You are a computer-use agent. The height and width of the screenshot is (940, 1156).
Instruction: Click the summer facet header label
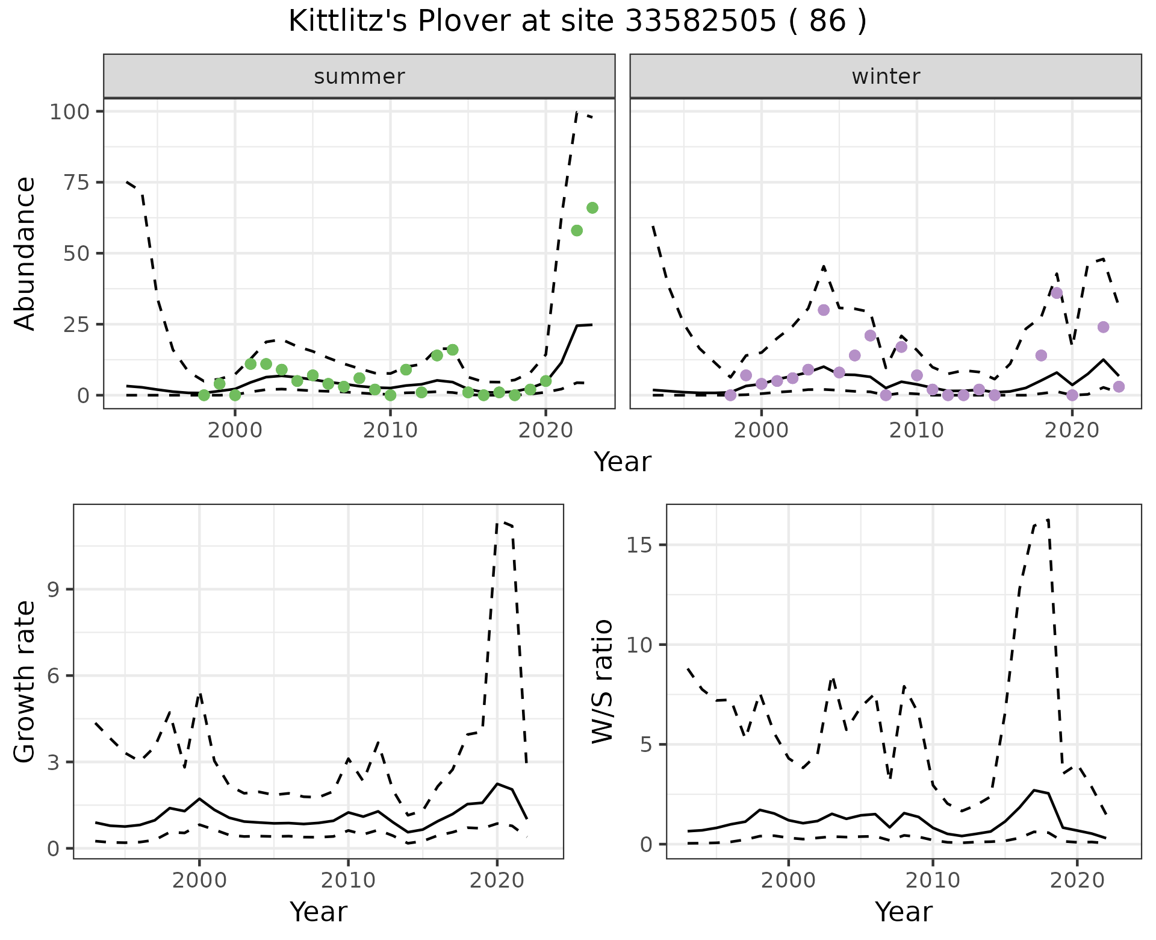pyautogui.click(x=359, y=77)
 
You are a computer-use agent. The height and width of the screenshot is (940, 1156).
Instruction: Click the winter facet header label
pyautogui.click(x=886, y=77)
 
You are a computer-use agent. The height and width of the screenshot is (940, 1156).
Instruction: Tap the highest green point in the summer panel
pyautogui.click(x=592, y=208)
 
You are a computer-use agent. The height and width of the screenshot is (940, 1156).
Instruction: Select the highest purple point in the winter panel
pyautogui.click(x=1057, y=293)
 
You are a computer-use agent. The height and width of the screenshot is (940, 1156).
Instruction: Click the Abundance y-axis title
pyautogui.click(x=25, y=253)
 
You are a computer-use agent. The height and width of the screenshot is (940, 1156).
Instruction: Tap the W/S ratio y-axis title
pyautogui.click(x=602, y=681)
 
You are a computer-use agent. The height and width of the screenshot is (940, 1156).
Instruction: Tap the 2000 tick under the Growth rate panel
pyautogui.click(x=199, y=880)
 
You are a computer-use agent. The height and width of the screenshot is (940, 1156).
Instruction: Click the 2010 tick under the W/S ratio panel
pyautogui.click(x=933, y=880)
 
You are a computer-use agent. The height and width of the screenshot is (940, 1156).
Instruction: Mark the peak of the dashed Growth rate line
pyautogui.click(x=498, y=522)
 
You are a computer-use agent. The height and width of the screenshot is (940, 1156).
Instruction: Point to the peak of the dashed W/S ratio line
pyautogui.click(x=1048, y=519)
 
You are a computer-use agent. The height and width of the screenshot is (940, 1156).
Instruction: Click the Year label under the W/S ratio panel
pyautogui.click(x=903, y=912)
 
